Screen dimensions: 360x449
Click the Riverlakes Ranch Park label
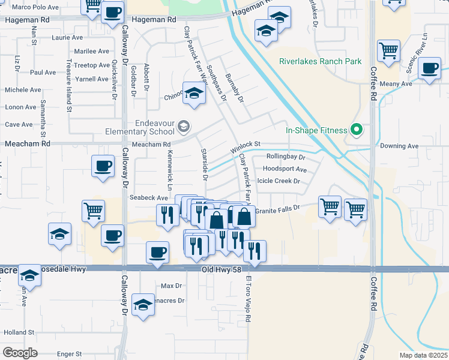click(320, 61)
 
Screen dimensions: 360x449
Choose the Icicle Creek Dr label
click(278, 181)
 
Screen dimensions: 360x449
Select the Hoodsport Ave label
click(285, 170)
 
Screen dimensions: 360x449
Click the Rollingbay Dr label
click(286, 157)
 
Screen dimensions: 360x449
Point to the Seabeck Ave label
click(149, 198)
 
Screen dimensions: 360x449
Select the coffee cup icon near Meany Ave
click(429, 68)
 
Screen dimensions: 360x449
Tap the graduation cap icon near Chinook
click(194, 94)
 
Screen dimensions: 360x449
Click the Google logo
click(20, 352)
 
